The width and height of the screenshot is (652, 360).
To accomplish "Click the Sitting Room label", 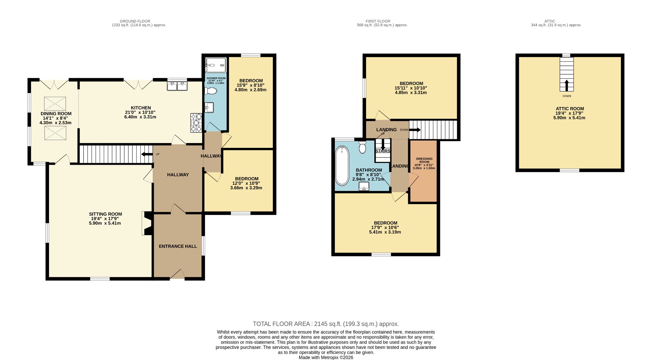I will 105,214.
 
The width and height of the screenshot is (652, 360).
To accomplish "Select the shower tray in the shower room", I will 216,65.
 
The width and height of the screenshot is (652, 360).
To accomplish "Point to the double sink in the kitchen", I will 177,86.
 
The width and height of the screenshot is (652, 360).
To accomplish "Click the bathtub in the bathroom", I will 342,166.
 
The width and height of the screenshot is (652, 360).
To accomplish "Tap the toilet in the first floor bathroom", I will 362,148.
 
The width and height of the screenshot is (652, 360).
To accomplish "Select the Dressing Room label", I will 424,160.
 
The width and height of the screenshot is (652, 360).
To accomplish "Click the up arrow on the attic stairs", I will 566,85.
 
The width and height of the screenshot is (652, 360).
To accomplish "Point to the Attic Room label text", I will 570,109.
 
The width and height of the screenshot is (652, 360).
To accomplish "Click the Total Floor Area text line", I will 326,324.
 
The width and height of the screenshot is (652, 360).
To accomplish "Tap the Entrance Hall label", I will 178,246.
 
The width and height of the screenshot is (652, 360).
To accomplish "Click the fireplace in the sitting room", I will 147,223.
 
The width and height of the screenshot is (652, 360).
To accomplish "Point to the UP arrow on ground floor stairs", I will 147,155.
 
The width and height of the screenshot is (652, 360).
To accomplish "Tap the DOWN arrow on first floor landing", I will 415,130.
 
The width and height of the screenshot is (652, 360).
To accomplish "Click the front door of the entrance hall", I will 177,275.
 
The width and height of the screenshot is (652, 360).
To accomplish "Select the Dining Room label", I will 56,114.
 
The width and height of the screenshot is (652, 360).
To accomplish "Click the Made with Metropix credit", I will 326,357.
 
